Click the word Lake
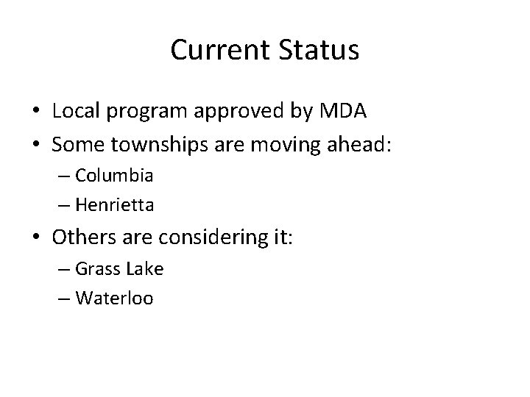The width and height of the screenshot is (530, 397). [144, 270]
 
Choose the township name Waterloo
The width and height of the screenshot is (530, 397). [114, 298]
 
